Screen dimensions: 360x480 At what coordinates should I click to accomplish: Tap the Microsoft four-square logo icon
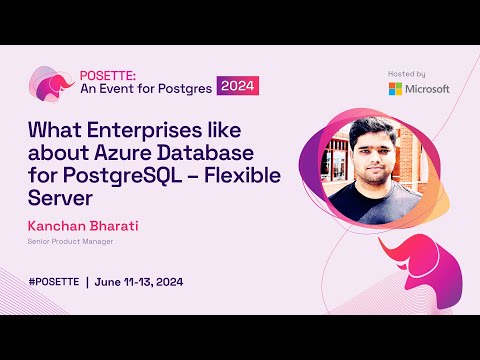click(x=396, y=89)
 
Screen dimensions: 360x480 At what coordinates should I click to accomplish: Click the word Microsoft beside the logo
click(x=428, y=89)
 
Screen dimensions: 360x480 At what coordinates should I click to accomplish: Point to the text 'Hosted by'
click(x=406, y=74)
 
